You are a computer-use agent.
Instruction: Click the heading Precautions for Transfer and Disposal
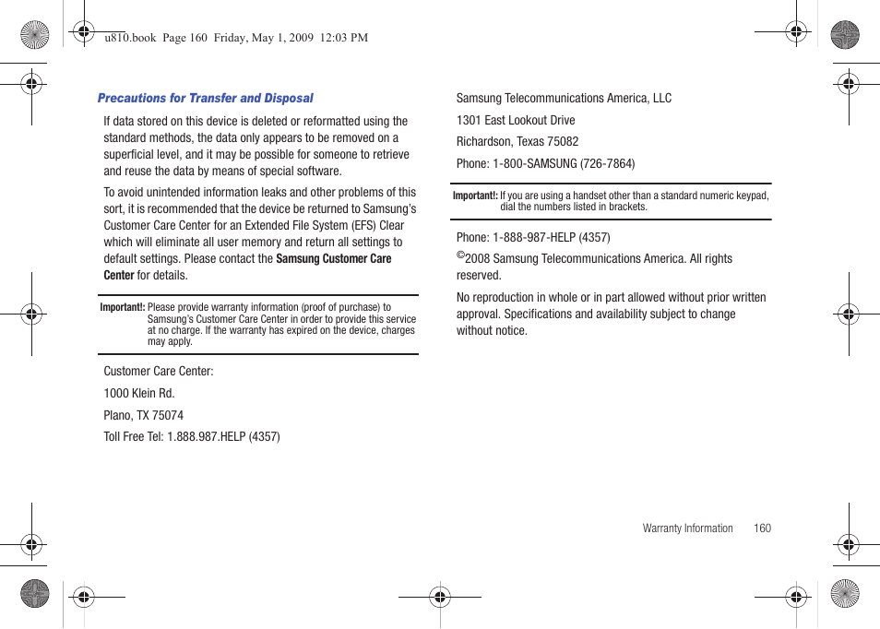coord(205,98)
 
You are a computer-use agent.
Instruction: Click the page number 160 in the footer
coord(761,528)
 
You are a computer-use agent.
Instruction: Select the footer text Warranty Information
coord(687,528)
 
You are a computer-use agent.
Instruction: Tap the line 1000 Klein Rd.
coord(138,393)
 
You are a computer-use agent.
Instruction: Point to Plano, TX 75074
coord(143,415)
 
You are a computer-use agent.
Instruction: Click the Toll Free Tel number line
coord(191,436)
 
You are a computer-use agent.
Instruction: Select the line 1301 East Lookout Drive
coord(515,120)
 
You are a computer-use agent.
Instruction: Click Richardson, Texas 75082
coord(517,141)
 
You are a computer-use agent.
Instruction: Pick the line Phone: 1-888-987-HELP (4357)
coord(532,237)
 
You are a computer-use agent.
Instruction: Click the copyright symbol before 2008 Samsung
coord(460,255)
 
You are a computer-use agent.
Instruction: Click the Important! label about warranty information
coord(122,307)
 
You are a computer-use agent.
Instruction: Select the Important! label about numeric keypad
coord(474,196)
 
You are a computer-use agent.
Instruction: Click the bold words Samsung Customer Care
coord(333,259)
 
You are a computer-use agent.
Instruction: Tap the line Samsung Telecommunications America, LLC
coord(564,98)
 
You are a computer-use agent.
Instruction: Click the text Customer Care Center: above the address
coord(158,371)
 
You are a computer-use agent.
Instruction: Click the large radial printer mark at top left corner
coord(35,36)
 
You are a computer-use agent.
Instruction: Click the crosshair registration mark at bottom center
coord(440,597)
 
